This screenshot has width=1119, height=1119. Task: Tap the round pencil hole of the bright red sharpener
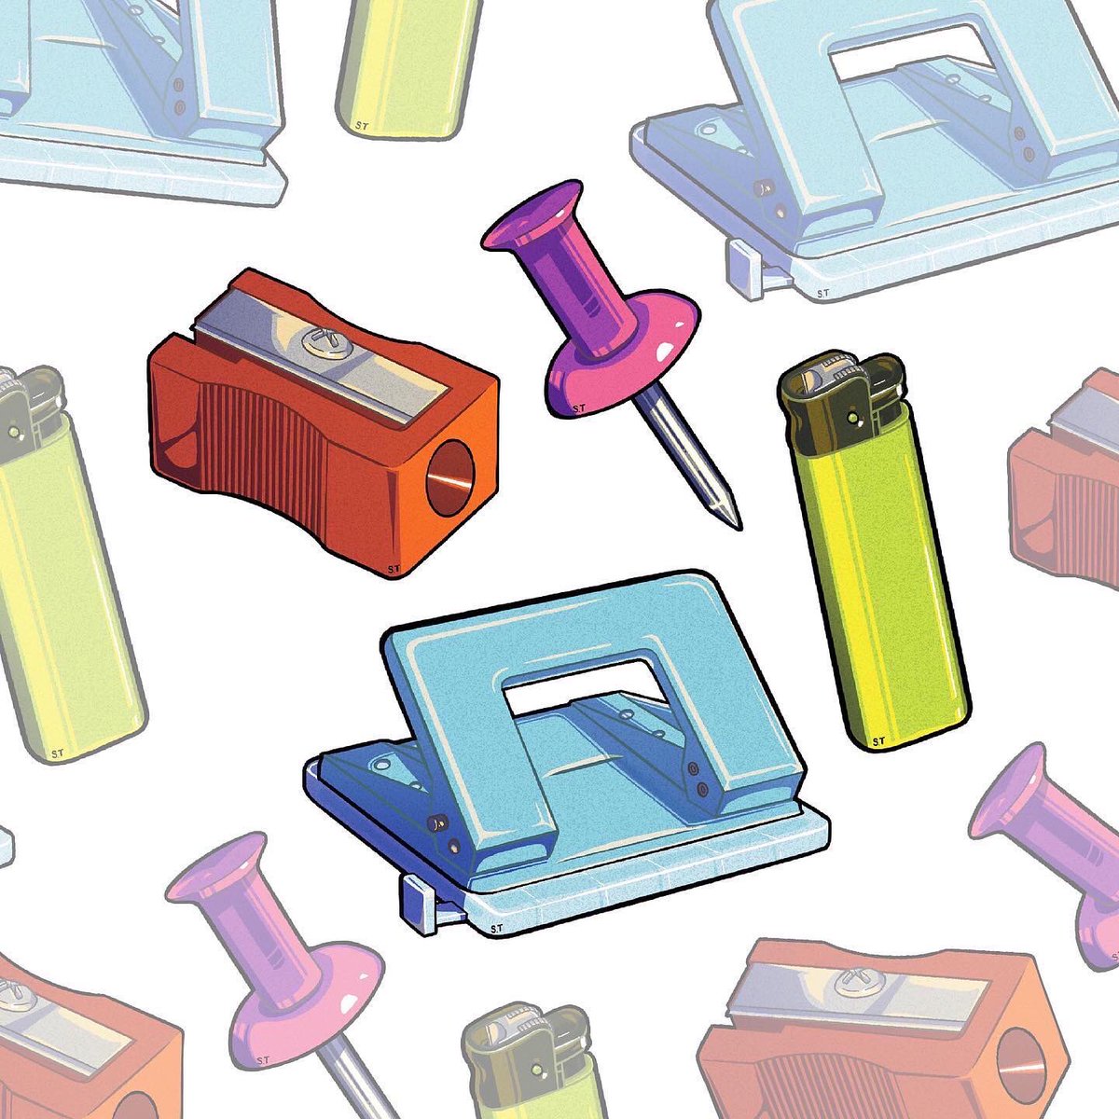pos(450,477)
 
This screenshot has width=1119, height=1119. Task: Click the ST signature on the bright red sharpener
pos(394,569)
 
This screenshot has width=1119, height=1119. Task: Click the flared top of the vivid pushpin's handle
pos(532,214)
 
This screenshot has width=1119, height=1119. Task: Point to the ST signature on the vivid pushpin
pos(578,408)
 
